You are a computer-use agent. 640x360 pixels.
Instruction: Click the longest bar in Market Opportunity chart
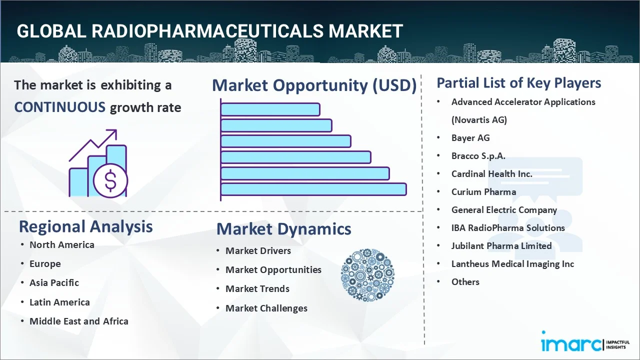313,189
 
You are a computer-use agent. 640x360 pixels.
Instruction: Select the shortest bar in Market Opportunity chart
270,109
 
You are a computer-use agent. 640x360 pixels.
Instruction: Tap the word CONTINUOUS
59,107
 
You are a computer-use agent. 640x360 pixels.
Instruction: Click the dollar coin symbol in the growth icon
110,180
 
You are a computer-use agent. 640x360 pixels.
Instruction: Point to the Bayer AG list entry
470,138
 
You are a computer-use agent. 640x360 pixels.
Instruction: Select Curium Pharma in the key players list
483,192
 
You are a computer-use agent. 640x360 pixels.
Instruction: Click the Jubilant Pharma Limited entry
501,246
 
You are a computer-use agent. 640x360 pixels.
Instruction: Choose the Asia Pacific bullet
54,283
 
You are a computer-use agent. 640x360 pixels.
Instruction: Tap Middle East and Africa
78,321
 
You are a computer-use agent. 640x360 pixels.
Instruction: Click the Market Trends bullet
257,289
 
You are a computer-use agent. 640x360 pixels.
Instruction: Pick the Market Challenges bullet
266,308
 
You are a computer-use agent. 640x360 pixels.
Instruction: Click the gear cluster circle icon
367,275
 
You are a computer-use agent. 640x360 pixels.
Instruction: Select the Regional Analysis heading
85,226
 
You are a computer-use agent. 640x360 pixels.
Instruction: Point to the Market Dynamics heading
283,229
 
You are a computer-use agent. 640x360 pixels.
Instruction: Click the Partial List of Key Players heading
518,83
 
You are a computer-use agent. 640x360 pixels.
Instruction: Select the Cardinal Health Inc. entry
491,174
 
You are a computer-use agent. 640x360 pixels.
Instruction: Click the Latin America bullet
59,302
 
